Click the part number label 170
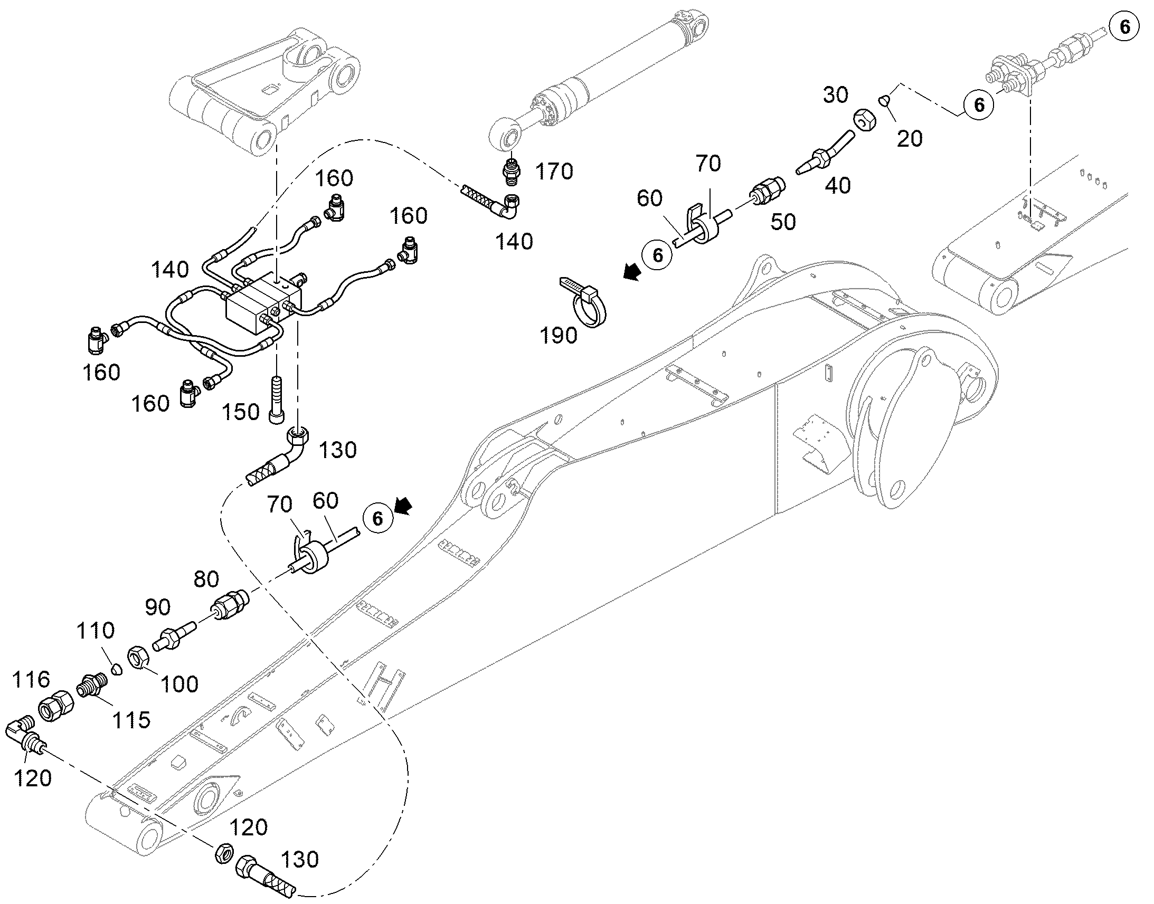coord(554,172)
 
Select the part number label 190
coord(559,335)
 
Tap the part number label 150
coord(240,412)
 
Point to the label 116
coord(31,679)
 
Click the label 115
coord(131,720)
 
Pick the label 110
coord(96,631)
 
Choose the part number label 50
coord(783,222)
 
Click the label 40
coord(838,186)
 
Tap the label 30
coord(836,96)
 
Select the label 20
coord(910,139)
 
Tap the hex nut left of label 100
coord(139,659)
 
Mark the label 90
coord(158,607)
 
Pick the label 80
coord(206,579)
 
